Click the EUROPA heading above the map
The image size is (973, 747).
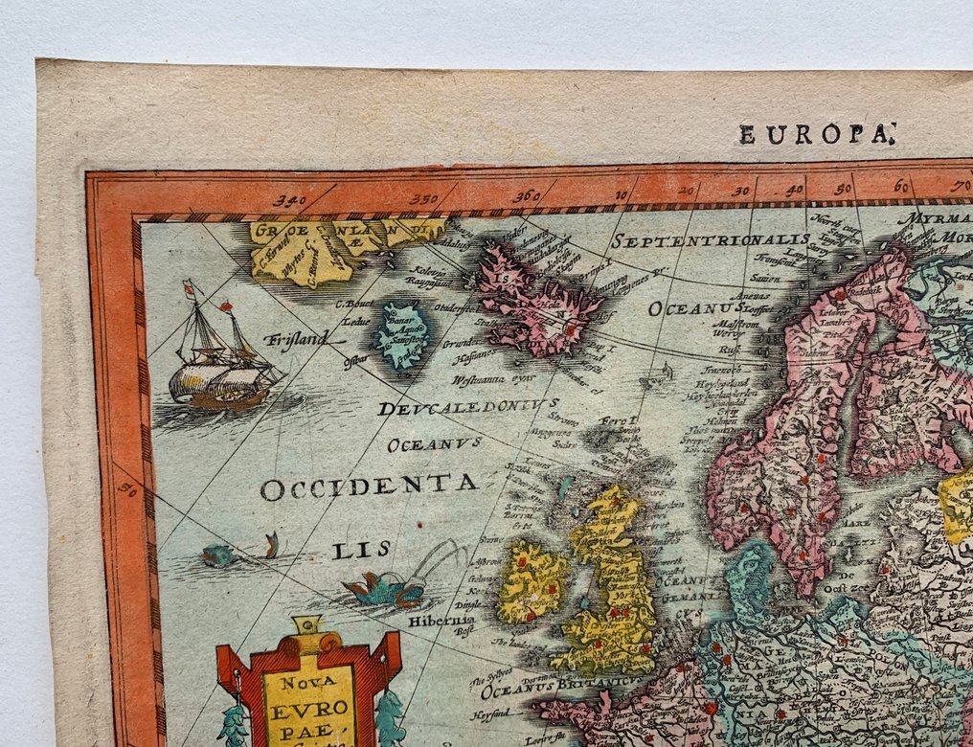(x=815, y=134)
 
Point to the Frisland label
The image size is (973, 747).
(x=296, y=337)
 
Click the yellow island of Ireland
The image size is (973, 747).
(x=532, y=579)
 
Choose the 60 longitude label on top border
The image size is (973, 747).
(x=901, y=187)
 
